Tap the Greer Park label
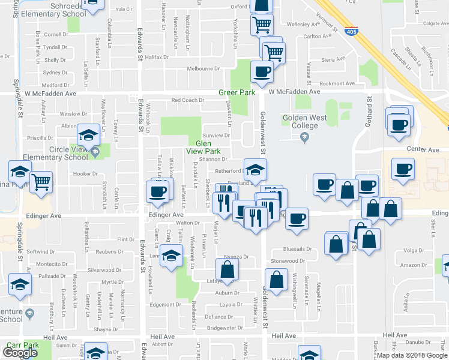click(x=237, y=92)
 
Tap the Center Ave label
click(x=423, y=149)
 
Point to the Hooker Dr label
click(x=85, y=174)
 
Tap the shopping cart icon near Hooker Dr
click(x=41, y=181)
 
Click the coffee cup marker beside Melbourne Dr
click(x=261, y=71)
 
